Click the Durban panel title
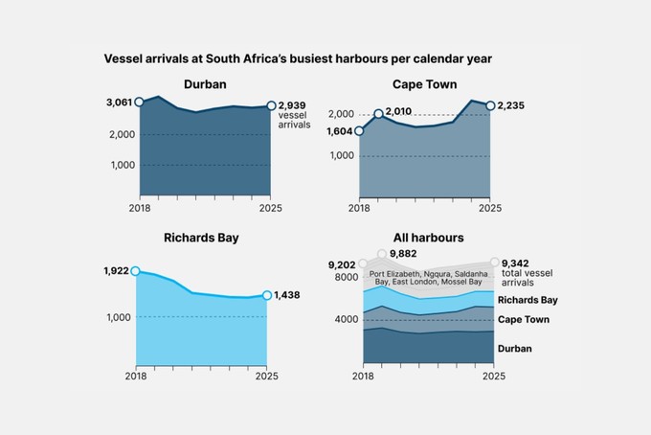[x=204, y=84]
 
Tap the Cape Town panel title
[x=424, y=84]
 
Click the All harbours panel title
[x=428, y=237]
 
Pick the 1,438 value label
[x=287, y=295]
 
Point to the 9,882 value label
[x=405, y=254]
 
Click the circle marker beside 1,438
[x=266, y=295]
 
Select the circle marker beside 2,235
[x=491, y=105]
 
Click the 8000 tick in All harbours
[x=346, y=277]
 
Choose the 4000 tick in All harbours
[x=346, y=319]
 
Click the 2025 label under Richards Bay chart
[x=266, y=376]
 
